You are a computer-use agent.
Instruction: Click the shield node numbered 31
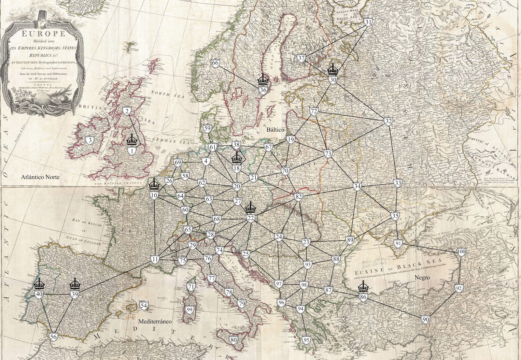368,22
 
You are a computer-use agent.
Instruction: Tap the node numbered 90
425,319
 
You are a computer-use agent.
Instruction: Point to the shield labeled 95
306,340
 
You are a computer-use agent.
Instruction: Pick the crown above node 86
363,287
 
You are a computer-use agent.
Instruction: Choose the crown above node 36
263,79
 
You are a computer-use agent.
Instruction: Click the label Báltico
275,130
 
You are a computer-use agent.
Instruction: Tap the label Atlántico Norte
40,177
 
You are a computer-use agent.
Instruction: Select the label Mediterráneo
155,321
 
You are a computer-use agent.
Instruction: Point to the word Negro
422,278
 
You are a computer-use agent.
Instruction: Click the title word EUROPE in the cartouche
43,34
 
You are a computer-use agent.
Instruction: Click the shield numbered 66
215,63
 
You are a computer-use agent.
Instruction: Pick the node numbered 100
461,252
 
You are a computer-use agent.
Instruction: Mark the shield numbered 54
144,306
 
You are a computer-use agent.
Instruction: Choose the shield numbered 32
388,121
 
